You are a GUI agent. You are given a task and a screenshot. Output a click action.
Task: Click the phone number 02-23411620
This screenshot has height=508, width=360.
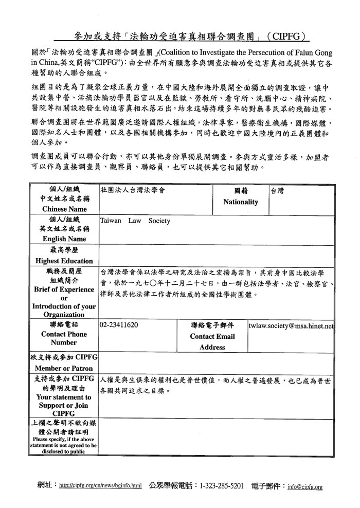pyautogui.click(x=119, y=325)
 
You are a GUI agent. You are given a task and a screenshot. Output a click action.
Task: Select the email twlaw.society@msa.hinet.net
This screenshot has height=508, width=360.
pyautogui.click(x=291, y=325)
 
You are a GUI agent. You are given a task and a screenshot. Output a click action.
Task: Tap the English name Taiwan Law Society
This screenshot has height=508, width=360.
pyautogui.click(x=135, y=221)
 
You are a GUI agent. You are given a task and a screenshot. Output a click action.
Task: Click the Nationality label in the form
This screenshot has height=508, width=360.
pyautogui.click(x=240, y=202)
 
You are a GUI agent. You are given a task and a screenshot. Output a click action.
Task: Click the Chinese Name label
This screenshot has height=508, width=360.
pyautogui.click(x=64, y=209)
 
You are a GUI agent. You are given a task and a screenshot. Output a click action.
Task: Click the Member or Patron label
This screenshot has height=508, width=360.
pyautogui.click(x=64, y=369)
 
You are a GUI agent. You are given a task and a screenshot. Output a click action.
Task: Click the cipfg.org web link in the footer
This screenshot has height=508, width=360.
pyautogui.click(x=100, y=485)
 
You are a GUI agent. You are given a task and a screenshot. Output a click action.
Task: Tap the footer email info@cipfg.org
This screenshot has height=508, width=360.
pyautogui.click(x=305, y=486)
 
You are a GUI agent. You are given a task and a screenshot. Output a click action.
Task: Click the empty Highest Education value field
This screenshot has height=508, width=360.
pyautogui.click(x=216, y=256)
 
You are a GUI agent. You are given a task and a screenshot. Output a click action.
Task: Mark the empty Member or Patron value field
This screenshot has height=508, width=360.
pyautogui.click(x=216, y=362)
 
